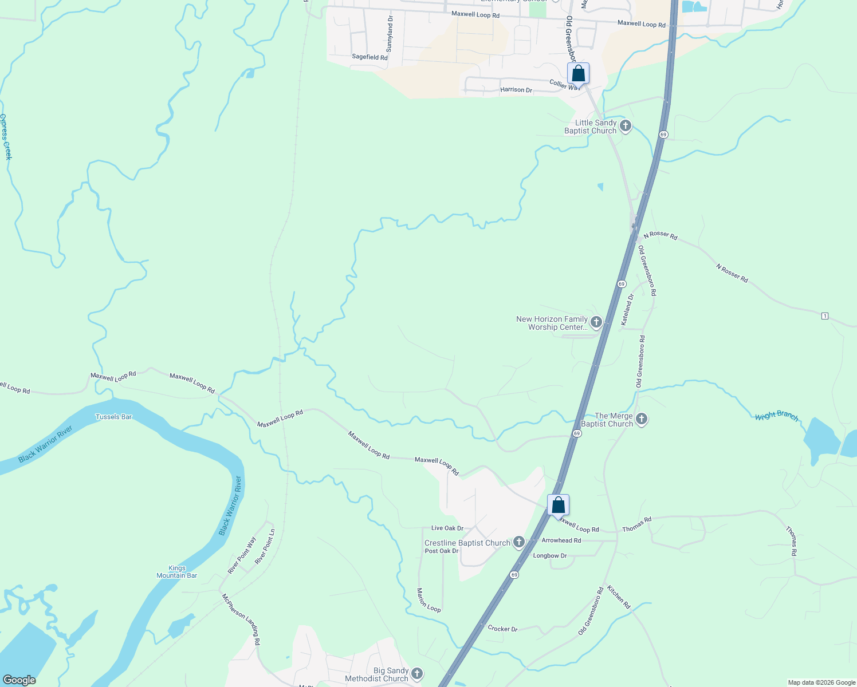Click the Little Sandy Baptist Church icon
(x=626, y=126)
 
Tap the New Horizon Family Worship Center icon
(x=596, y=322)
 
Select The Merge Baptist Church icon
(x=642, y=419)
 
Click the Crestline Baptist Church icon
(x=519, y=542)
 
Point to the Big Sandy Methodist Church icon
(x=417, y=674)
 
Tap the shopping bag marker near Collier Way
(x=578, y=74)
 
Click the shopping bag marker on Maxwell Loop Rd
(x=558, y=506)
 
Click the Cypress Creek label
(x=6, y=137)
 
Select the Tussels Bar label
(x=113, y=417)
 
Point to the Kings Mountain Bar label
(x=177, y=572)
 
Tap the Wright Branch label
(x=776, y=416)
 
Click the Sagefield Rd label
(x=369, y=57)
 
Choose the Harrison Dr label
(x=516, y=90)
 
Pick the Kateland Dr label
(x=627, y=310)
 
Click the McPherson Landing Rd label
(x=241, y=619)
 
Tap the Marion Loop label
(x=428, y=600)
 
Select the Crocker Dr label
(x=502, y=629)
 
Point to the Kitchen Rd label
(x=619, y=597)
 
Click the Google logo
(x=19, y=680)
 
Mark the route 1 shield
(x=825, y=316)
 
